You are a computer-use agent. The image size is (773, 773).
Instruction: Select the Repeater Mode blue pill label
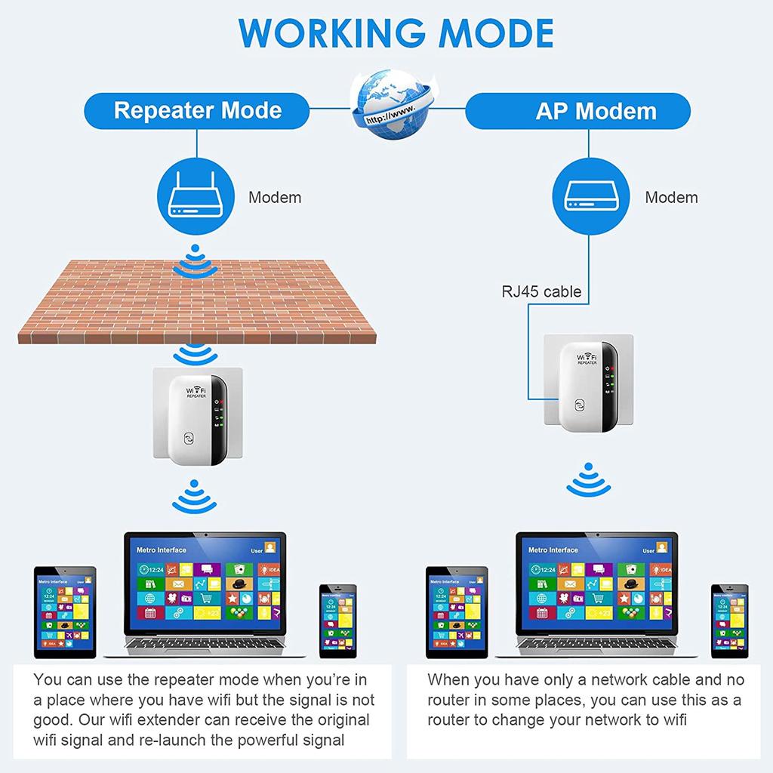[198, 110]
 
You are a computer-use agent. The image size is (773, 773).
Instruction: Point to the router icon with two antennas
[196, 197]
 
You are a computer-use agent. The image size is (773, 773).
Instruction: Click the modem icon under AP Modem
[592, 197]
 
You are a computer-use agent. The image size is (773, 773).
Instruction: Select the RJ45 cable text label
[541, 291]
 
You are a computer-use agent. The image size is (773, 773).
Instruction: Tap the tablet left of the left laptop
[65, 612]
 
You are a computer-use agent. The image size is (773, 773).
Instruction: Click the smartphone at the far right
[729, 620]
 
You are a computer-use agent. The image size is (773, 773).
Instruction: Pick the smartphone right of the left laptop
[337, 620]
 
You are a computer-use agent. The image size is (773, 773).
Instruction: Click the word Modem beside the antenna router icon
[275, 198]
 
